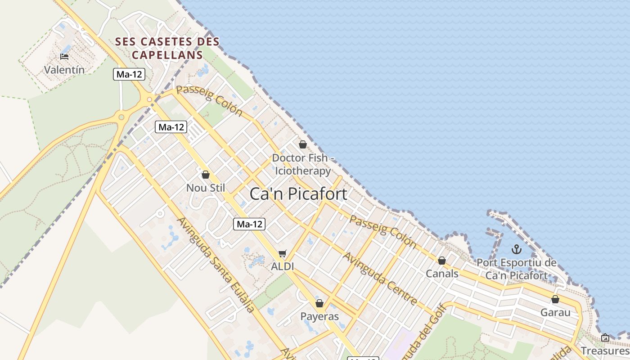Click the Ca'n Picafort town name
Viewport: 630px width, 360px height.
pyautogui.click(x=298, y=194)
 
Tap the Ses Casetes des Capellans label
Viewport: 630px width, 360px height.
pyautogui.click(x=167, y=48)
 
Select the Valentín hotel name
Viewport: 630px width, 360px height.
pyautogui.click(x=64, y=70)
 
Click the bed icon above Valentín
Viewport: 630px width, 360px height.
pyautogui.click(x=64, y=57)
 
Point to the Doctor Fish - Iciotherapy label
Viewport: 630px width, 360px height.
pyautogui.click(x=303, y=165)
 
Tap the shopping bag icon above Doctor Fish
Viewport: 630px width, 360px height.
pyautogui.click(x=303, y=144)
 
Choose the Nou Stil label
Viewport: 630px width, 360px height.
pyautogui.click(x=206, y=188)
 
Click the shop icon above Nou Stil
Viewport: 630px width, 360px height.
pyautogui.click(x=206, y=175)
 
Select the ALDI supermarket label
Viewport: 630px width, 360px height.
pyautogui.click(x=282, y=266)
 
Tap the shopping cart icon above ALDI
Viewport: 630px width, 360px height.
pyautogui.click(x=282, y=254)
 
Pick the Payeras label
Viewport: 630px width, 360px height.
pyautogui.click(x=319, y=316)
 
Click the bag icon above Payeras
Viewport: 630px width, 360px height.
pyautogui.click(x=319, y=303)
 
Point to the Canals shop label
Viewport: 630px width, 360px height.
pyautogui.click(x=442, y=274)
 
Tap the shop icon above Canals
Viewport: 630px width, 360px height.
pyautogui.click(x=442, y=261)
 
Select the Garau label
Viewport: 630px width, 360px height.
pyautogui.click(x=555, y=312)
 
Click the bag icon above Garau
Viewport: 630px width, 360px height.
pyautogui.click(x=555, y=299)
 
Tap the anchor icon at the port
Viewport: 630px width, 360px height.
pyautogui.click(x=517, y=249)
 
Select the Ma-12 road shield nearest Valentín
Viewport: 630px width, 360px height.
pyautogui.click(x=129, y=74)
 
